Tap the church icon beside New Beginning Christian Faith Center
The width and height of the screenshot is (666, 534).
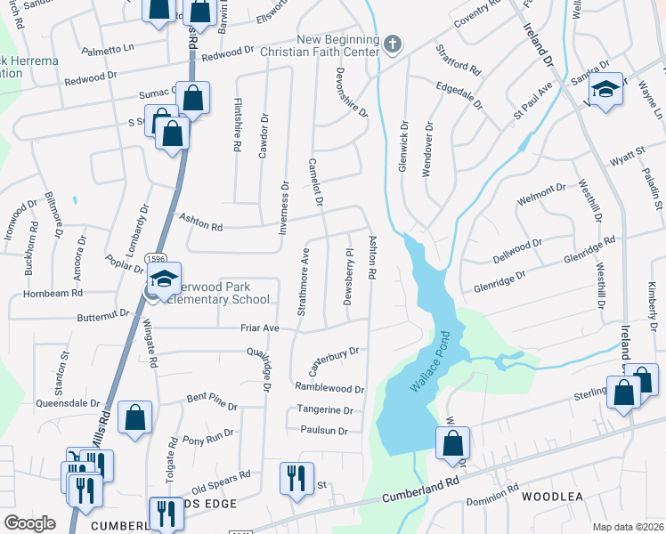point(394,44)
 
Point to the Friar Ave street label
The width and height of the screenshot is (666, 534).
point(259,328)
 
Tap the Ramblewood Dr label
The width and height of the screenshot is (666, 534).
point(329,389)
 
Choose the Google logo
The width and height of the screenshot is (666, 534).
point(29,523)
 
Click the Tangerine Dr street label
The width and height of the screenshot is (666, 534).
point(327,410)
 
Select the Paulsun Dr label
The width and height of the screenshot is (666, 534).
point(323,431)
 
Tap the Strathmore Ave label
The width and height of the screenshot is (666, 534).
point(303,276)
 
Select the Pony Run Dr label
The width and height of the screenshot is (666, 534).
point(207,435)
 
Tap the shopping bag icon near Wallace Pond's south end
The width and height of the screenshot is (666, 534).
point(452,441)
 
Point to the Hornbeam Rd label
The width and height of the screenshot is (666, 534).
point(53,292)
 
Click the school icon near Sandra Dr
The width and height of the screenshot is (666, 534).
point(606,90)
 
